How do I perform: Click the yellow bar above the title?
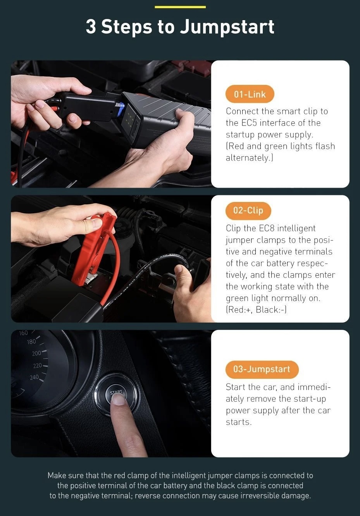click(180, 7)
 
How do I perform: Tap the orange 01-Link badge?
click(250, 94)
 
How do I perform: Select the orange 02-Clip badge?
click(248, 211)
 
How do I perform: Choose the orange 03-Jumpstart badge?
click(262, 369)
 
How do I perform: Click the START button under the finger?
click(117, 395)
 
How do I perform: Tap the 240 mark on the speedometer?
click(34, 378)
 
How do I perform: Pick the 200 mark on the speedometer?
click(36, 353)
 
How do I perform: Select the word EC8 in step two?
click(267, 228)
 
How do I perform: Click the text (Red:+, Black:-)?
click(256, 310)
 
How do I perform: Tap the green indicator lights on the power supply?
click(130, 117)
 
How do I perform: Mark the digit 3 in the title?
click(91, 26)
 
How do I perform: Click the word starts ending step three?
click(239, 422)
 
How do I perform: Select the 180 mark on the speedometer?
click(31, 342)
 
